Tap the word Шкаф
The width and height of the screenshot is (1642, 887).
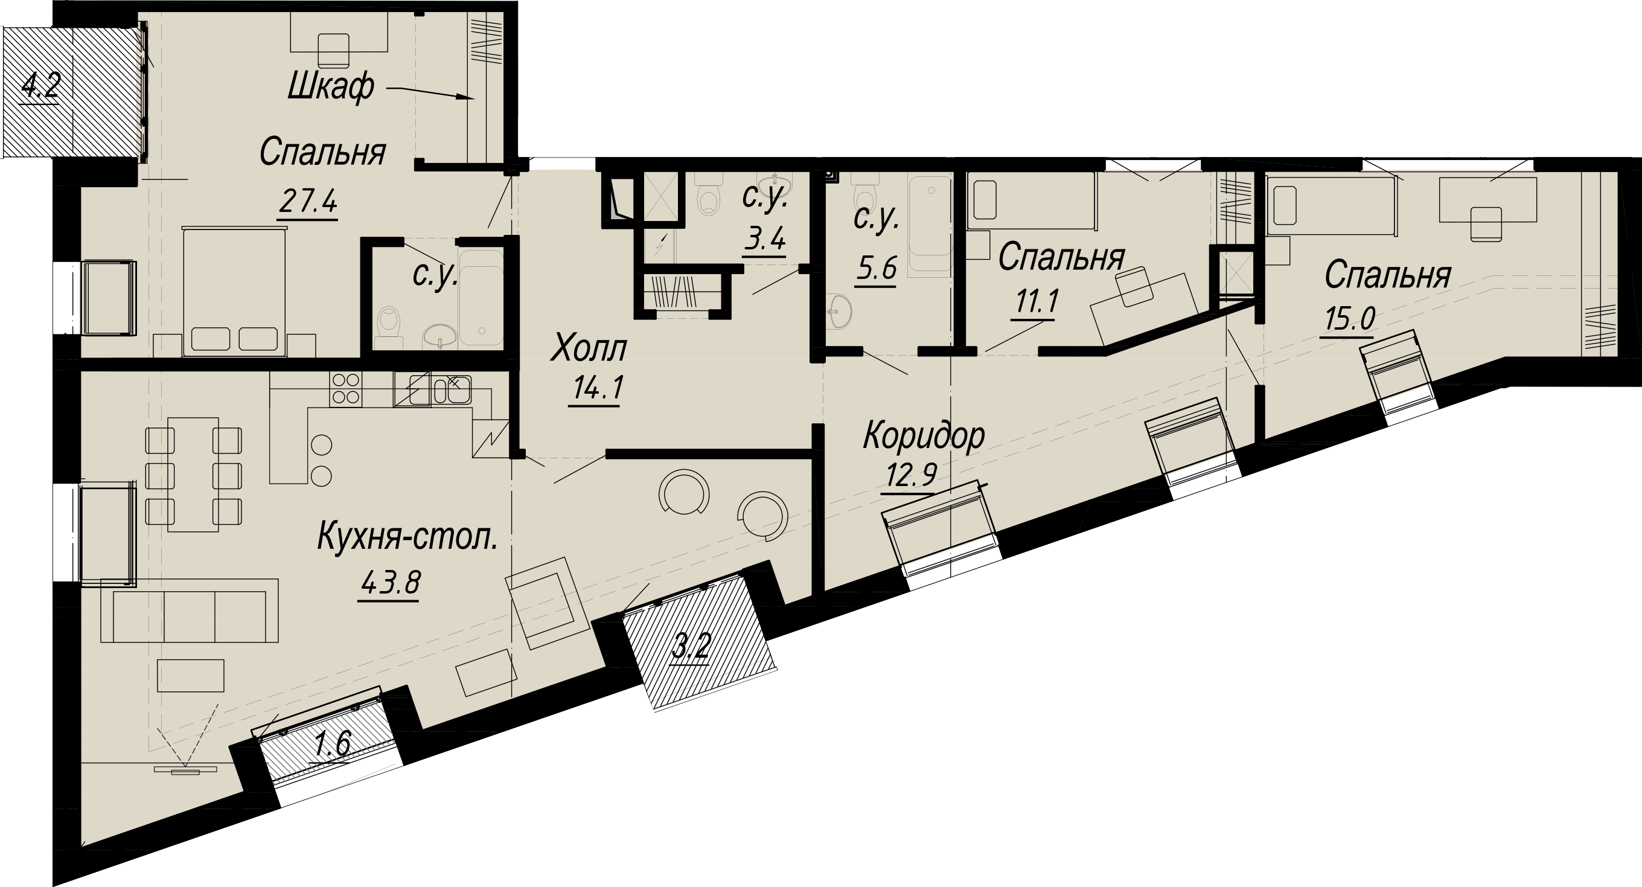[331, 88]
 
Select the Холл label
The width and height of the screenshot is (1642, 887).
[589, 349]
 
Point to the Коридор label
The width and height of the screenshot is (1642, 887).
[924, 436]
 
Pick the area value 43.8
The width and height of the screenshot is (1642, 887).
[390, 581]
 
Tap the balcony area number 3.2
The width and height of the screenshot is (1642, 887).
[692, 646]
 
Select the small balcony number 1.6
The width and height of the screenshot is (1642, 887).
[333, 744]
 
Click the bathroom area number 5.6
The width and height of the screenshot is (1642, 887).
[877, 270]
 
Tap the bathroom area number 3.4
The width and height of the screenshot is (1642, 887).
[765, 240]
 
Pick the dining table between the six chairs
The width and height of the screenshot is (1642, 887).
[193, 475]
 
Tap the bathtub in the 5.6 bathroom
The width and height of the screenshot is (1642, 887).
[930, 226]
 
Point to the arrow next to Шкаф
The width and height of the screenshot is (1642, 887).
[430, 93]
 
